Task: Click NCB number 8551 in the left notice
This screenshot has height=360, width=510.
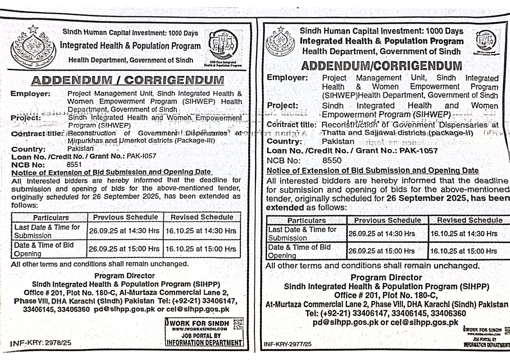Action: [74, 165]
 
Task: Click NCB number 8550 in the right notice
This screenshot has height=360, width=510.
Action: [332, 161]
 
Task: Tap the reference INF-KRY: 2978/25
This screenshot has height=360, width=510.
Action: [41, 343]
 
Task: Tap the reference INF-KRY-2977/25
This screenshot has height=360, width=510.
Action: [287, 344]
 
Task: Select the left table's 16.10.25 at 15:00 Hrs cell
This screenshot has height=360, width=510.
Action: [201, 249]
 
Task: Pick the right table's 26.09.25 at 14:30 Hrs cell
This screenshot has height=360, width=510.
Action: [382, 234]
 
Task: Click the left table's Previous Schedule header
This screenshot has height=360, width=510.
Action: [125, 217]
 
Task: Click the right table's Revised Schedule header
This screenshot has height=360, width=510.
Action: [470, 220]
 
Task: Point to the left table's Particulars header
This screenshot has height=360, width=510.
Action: [51, 218]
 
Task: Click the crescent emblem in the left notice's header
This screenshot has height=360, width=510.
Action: [33, 48]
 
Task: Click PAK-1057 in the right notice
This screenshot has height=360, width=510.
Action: [418, 151]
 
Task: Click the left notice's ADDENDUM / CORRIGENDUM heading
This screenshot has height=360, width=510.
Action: [128, 80]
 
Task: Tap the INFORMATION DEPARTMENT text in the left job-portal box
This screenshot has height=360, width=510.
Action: [204, 343]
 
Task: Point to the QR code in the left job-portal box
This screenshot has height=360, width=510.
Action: [238, 324]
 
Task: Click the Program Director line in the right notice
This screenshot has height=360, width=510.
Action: [386, 278]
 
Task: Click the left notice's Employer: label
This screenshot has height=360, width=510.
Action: [31, 94]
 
